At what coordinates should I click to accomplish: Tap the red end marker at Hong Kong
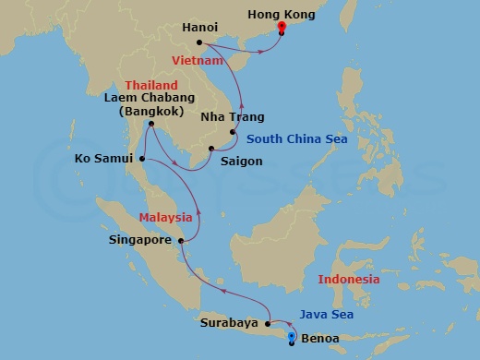pos(282,28)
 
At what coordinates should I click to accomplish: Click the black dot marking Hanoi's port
pos(200,42)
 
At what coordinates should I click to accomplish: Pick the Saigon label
pos(243,161)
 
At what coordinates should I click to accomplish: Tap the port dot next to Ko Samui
pos(143,158)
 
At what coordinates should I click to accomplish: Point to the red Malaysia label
pos(165,218)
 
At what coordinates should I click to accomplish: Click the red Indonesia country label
pos(348,279)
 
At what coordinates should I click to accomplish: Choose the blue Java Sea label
pos(326,314)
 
